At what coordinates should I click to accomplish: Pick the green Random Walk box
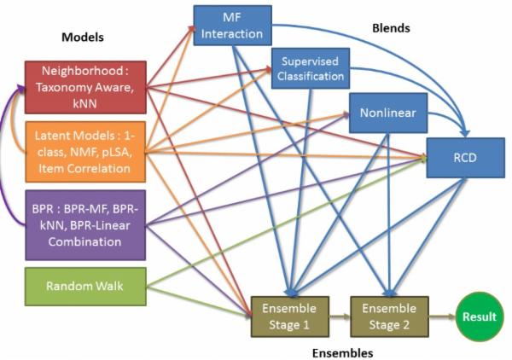pyautogui.click(x=84, y=286)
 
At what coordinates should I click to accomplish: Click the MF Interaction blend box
pyautogui.click(x=232, y=26)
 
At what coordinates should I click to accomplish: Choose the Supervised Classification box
pyautogui.click(x=309, y=68)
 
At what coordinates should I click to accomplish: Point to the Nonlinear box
pyautogui.click(x=388, y=111)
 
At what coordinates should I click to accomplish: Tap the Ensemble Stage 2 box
pyautogui.click(x=389, y=316)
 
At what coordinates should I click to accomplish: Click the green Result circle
pyautogui.click(x=479, y=316)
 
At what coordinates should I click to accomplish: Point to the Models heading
pyautogui.click(x=82, y=38)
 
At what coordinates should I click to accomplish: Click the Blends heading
pyautogui.click(x=392, y=27)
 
